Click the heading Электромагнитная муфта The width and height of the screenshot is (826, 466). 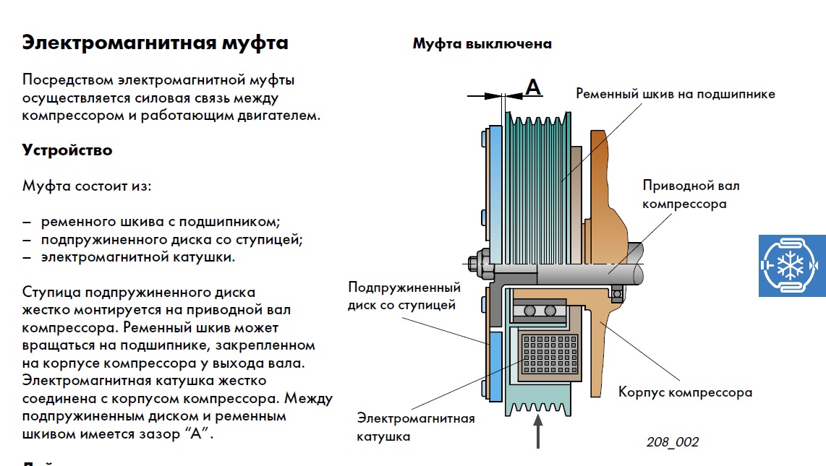tap(155, 43)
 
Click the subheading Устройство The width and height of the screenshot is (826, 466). tap(67, 150)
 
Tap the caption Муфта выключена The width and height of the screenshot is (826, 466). tap(482, 43)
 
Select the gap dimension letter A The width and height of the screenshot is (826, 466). tap(532, 87)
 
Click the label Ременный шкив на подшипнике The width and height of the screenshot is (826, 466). tap(676, 94)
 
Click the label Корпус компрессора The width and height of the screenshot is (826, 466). tap(685, 392)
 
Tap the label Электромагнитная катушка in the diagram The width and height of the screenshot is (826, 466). tap(415, 427)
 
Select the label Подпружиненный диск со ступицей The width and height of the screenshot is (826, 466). tap(404, 295)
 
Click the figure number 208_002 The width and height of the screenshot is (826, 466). tap(673, 442)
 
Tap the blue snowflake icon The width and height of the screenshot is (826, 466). tap(792, 265)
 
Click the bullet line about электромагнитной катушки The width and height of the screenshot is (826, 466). tap(137, 256)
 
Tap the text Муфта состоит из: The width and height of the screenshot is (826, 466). tap(87, 186)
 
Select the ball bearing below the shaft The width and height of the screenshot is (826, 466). tap(540, 311)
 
